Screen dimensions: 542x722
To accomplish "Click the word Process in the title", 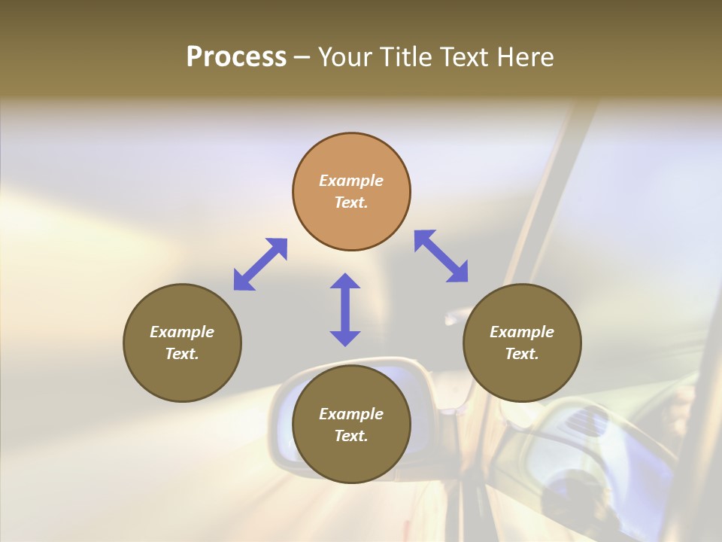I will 236,57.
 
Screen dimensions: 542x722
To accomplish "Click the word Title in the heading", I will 406,57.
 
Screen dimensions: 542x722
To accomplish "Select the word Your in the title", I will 344,57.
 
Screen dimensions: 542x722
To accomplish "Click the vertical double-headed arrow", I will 345,309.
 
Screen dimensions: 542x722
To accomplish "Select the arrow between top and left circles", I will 260,264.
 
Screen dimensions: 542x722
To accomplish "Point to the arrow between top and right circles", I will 441,256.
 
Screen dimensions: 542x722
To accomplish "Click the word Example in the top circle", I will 351,181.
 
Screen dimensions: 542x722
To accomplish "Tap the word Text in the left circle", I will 182,354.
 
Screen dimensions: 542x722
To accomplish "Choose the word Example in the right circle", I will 522,332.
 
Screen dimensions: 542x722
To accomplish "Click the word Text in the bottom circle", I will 351,436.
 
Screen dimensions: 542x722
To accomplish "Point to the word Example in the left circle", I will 182,332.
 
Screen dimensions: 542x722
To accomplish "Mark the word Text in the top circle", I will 351,202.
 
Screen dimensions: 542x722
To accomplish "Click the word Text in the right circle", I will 522,354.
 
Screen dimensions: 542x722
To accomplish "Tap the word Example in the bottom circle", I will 351,414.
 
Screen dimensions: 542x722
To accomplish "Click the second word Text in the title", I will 463,57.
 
